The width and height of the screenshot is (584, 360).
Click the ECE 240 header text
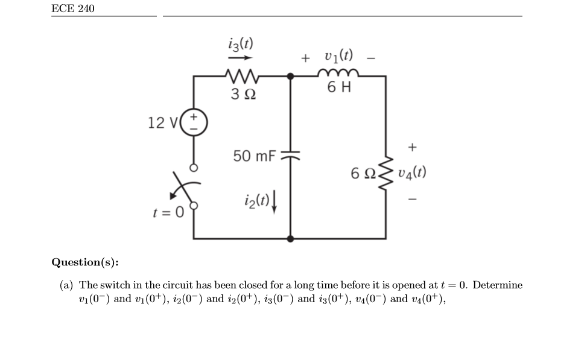tap(73, 8)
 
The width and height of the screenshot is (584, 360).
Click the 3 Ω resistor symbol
tap(241, 76)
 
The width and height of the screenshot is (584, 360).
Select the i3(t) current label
tap(241, 44)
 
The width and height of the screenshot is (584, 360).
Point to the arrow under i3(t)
tap(240, 58)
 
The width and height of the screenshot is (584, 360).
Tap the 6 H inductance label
tap(339, 88)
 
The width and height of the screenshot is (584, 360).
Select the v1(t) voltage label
tap(338, 57)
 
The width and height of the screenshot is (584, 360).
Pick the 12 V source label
tap(162, 123)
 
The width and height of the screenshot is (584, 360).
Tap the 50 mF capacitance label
tap(255, 156)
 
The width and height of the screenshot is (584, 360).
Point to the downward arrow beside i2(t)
tap(275, 198)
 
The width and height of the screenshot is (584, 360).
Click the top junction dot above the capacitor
tap(291, 77)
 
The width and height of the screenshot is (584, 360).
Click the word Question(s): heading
tap(85, 262)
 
